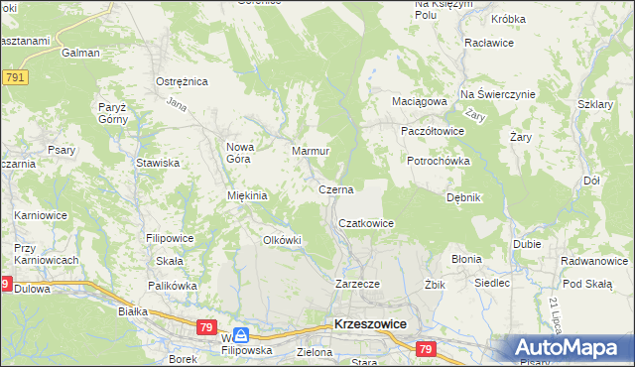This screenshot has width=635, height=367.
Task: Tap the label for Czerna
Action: coord(336,188)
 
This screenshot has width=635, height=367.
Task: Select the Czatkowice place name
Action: coord(366,224)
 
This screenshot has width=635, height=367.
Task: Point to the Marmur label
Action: coord(310,152)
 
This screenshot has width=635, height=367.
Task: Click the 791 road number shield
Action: coord(14,77)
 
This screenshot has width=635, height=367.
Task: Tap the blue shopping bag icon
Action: coord(241,336)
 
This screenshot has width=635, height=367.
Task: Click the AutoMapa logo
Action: coord(570,348)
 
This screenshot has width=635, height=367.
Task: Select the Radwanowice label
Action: coord(595,262)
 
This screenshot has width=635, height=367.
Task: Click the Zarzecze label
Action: coord(358,284)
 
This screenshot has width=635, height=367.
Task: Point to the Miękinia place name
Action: coord(248,196)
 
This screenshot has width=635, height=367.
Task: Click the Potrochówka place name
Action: coord(438,161)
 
